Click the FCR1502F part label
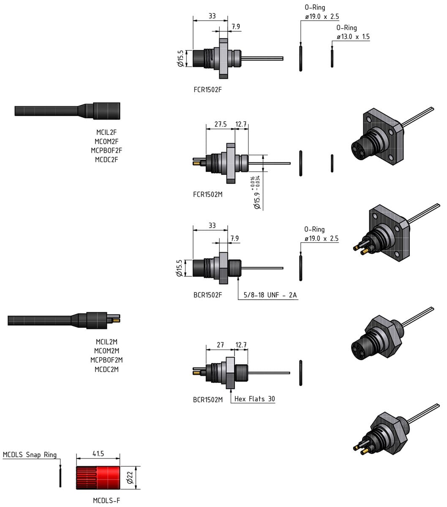[x=207, y=90]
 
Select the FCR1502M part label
[x=207, y=194]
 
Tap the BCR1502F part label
[x=207, y=295]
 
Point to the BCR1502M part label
[x=207, y=400]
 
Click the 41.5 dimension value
[x=98, y=453]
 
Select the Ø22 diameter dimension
[x=130, y=477]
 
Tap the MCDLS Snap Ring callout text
[x=30, y=455]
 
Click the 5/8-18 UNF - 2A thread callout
[x=270, y=295]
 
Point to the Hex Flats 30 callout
[x=254, y=399]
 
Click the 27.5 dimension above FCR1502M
[x=220, y=124]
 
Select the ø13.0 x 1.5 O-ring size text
[x=353, y=37]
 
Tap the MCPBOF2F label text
[x=106, y=150]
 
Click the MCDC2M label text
[x=106, y=369]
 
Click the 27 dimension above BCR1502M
[x=220, y=345]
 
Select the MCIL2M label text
[x=106, y=341]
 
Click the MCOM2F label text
[x=106, y=142]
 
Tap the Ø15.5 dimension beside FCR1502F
[x=180, y=59]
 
